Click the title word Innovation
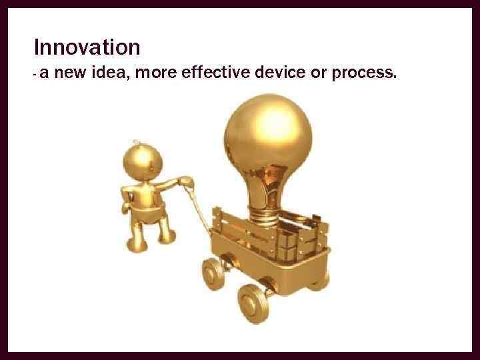pos(87,47)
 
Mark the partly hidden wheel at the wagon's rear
pos(321,277)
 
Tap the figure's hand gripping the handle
pos(187,181)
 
